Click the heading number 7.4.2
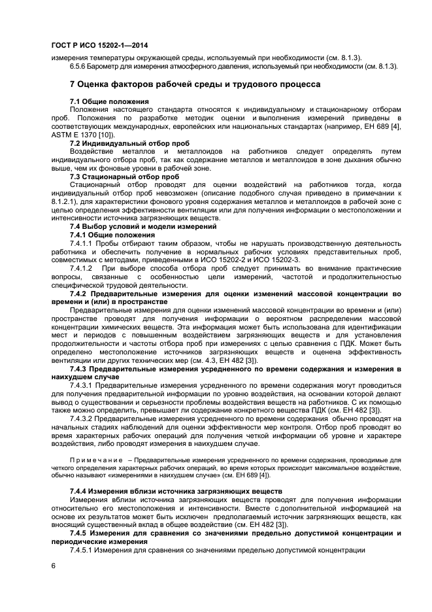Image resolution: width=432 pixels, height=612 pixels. [82, 294]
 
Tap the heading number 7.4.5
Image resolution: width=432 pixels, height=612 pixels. [82, 534]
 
